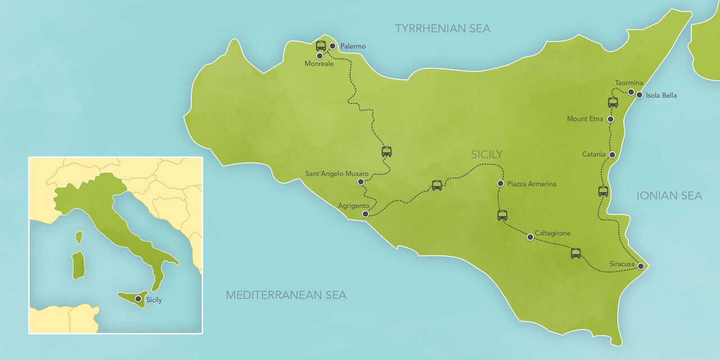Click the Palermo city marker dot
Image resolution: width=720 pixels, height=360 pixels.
[332, 46]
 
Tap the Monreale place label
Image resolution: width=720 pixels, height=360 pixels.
[319, 64]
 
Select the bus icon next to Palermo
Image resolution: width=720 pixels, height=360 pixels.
[321, 46]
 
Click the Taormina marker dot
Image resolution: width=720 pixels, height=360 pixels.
[631, 92]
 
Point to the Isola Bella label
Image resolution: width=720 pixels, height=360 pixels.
[661, 96]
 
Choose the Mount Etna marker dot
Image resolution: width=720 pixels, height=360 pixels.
[611, 119]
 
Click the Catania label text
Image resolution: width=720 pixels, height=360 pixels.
[593, 154]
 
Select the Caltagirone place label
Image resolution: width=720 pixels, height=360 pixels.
[552, 233]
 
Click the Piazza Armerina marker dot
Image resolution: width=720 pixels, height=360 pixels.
[500, 183]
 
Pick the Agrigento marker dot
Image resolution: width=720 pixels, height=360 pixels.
[366, 214]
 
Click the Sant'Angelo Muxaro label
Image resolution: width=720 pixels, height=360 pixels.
[336, 174]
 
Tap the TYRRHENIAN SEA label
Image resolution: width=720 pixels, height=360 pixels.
[442, 28]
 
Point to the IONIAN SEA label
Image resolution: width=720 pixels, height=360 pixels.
[669, 196]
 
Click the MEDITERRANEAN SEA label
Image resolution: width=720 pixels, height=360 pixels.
[286, 295]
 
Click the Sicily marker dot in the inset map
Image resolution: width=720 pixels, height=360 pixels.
[138, 299]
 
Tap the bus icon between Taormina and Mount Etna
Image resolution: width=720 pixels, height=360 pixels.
[613, 102]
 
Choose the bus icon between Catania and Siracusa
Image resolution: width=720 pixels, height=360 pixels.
[603, 191]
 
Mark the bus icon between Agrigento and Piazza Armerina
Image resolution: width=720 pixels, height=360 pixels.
[437, 185]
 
